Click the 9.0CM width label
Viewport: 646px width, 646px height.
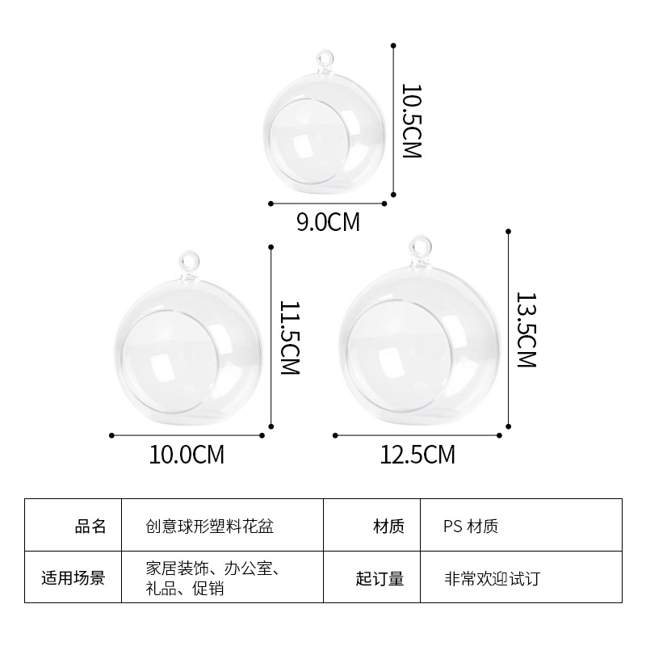328,222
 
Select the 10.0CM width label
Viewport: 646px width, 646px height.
187,455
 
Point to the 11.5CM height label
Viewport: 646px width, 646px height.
288,338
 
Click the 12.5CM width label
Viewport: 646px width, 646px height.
417,455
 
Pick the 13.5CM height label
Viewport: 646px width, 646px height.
526,329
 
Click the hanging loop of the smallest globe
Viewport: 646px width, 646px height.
325,60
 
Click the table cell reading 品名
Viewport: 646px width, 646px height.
90,527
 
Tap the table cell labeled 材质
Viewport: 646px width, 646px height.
388,527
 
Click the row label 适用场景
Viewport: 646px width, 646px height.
73,578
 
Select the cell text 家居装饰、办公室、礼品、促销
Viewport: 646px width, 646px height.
208,578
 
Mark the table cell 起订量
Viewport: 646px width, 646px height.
380,578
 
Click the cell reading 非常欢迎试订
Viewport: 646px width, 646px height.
491,578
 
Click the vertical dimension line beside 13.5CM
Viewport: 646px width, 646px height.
509,331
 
